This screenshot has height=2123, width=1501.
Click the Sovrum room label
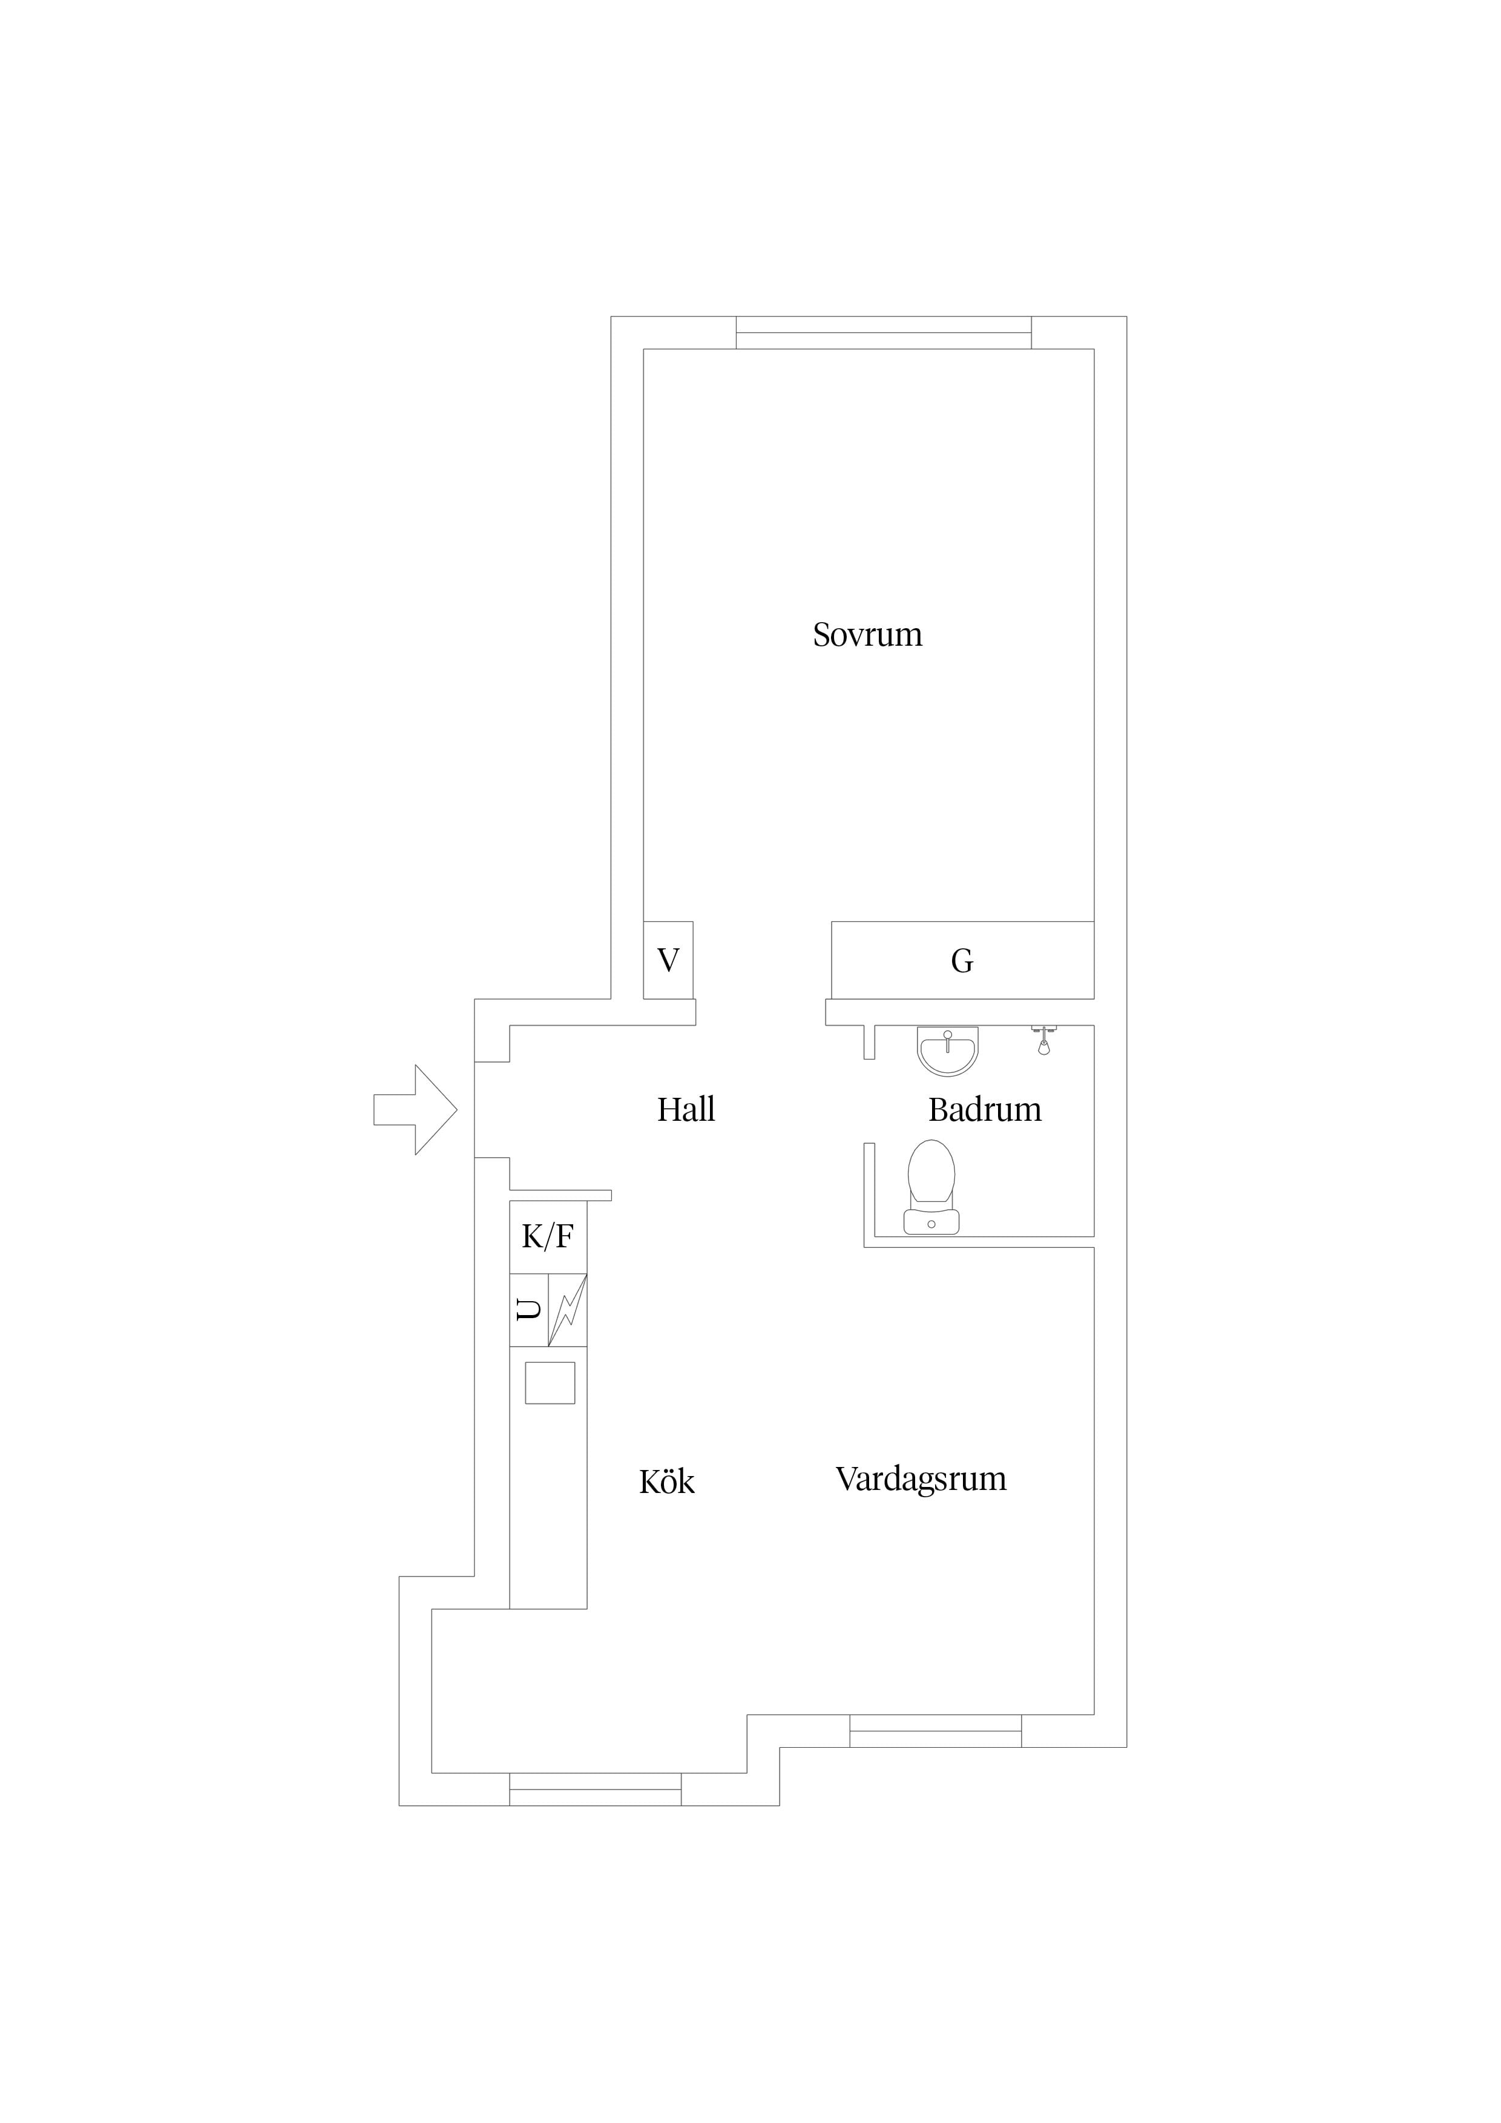[x=867, y=634]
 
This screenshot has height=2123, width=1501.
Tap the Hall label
[x=686, y=1109]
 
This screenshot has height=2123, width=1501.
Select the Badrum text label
[x=985, y=1109]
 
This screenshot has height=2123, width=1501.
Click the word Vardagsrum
[x=921, y=1480]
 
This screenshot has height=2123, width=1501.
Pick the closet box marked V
[x=668, y=960]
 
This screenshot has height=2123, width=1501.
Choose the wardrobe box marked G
[x=963, y=960]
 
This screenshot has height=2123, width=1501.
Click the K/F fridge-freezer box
[x=548, y=1236]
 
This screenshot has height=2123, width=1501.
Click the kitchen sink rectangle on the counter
[x=550, y=1382]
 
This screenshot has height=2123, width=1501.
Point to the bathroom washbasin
[x=947, y=1051]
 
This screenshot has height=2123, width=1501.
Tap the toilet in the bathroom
[x=931, y=1187]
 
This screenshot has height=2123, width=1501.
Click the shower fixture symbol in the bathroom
[x=1043, y=1040]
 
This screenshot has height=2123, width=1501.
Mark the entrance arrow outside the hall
[x=415, y=1109]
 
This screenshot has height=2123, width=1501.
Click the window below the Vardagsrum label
[x=936, y=1731]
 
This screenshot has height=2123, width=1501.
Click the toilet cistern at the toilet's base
[x=931, y=1222]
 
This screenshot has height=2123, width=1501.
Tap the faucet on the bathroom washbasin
[x=947, y=1040]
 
